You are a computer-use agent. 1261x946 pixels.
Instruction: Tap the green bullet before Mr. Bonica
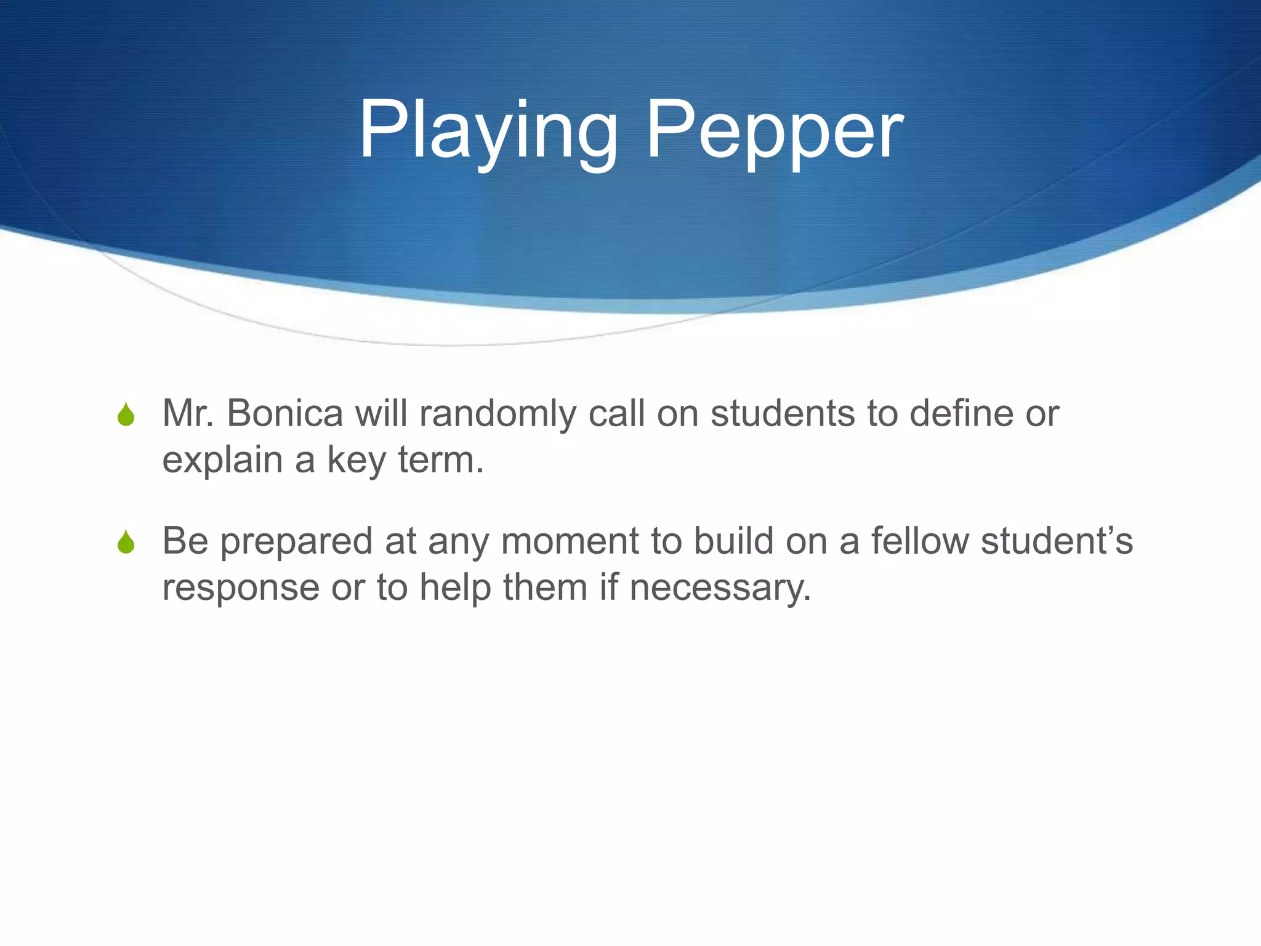coord(126,414)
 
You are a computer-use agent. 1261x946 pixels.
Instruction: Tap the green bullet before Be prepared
coord(126,542)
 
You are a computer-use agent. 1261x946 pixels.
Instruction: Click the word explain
coord(222,461)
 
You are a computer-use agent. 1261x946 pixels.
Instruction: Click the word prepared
coord(296,542)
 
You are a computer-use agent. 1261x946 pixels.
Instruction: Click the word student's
coord(1057,541)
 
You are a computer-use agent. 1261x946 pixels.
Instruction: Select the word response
coord(241,588)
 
